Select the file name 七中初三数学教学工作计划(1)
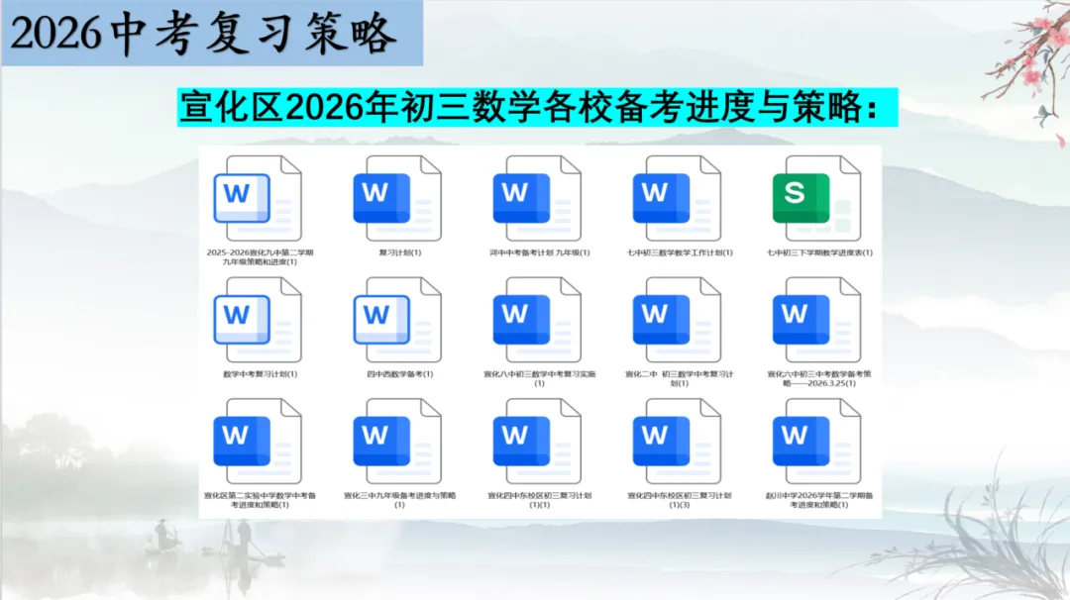(x=680, y=252)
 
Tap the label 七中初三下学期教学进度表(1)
(x=819, y=252)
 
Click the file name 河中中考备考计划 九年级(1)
(x=540, y=252)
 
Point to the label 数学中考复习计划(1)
(x=261, y=374)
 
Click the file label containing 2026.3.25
(x=819, y=378)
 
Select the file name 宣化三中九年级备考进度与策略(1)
(x=400, y=499)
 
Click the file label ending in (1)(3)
(x=680, y=499)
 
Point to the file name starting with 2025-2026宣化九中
(x=261, y=256)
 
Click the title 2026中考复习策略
(x=203, y=35)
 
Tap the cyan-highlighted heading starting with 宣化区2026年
(x=537, y=107)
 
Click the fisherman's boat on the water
(x=163, y=544)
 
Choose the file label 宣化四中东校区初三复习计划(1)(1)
(x=540, y=499)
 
